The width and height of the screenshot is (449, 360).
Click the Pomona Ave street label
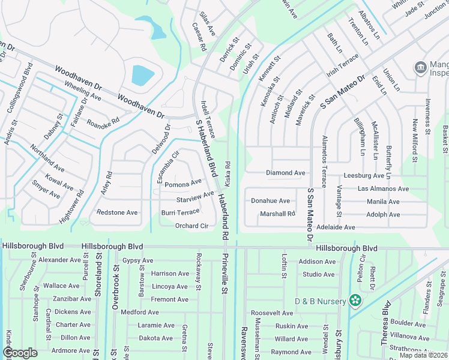pos(183,183)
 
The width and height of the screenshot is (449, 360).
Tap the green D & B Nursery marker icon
pos(356,300)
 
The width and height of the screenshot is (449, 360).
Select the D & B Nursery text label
pos(320,301)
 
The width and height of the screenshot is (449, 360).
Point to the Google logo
pos(20,352)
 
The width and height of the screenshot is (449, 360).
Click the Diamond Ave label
pos(286,173)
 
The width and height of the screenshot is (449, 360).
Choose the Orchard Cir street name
pos(191,226)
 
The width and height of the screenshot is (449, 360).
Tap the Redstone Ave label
pos(117,213)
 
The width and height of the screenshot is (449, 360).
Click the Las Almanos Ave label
pos(383,188)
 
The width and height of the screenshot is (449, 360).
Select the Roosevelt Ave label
pos(272,313)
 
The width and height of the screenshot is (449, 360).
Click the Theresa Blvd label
pos(385,326)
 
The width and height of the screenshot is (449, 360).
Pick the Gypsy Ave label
pos(137,260)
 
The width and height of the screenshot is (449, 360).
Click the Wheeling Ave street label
pos(83,92)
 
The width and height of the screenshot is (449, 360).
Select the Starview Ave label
pos(195,197)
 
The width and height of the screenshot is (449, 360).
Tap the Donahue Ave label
pos(270,201)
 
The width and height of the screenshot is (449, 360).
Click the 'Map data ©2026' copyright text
pos(423,355)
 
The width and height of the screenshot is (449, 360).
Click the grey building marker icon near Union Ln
pos(421,66)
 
